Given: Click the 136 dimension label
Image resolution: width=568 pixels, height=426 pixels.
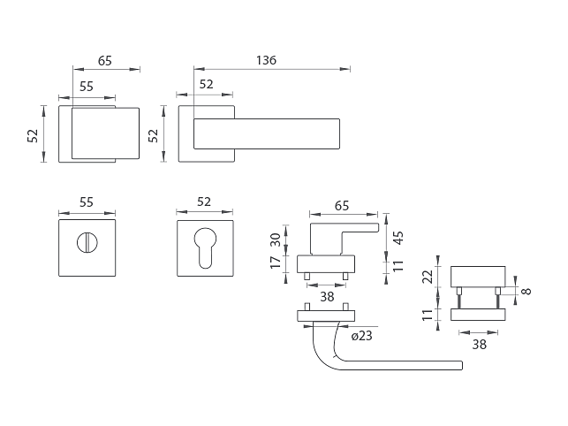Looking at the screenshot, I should tap(266, 60).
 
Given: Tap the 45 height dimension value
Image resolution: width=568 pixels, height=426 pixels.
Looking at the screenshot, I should tap(398, 237).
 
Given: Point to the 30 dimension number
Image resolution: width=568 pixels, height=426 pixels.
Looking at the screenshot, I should tap(275, 240).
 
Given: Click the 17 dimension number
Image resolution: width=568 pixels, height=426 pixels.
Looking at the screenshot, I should tap(275, 262).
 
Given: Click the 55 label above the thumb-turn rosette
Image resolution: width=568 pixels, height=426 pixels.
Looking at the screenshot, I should tap(87, 202).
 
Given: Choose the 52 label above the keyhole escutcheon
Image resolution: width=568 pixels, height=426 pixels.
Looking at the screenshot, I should tap(204, 202).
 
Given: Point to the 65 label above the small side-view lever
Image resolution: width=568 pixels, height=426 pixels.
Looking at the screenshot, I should tap(342, 205).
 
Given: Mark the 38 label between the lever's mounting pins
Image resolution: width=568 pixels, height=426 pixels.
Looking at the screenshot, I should tap(326, 297).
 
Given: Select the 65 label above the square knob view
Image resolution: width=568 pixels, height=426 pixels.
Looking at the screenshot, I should tap(104, 61).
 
